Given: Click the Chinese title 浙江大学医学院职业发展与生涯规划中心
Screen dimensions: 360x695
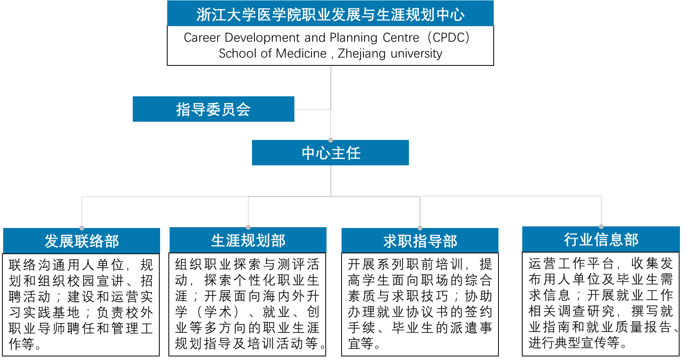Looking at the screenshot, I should click(x=330, y=14).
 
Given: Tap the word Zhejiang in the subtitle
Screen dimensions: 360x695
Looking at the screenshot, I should click(x=361, y=54).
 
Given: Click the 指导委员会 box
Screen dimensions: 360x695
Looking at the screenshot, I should click(x=213, y=109).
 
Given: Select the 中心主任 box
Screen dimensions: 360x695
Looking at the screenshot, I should click(x=330, y=153).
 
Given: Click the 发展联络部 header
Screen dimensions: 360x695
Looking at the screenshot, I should click(x=82, y=241).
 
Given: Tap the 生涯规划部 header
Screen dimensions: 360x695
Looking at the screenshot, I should click(x=248, y=240).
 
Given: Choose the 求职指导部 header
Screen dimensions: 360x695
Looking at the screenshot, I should click(x=420, y=241).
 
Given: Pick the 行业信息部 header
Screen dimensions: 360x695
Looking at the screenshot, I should click(x=601, y=239).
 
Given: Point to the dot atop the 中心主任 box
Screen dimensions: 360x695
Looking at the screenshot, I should click(x=331, y=140).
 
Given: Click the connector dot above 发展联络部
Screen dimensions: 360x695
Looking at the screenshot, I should click(x=82, y=228).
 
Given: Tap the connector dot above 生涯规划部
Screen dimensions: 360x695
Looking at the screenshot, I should click(x=248, y=227).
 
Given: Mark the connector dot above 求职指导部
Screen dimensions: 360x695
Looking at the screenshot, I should click(x=420, y=228).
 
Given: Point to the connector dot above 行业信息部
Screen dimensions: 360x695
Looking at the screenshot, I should click(x=601, y=226).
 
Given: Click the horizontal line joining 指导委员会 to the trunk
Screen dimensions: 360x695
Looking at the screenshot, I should click(x=312, y=109).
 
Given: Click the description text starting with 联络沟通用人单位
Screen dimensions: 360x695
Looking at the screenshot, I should click(x=81, y=304).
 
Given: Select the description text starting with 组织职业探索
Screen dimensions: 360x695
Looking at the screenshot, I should click(x=248, y=304).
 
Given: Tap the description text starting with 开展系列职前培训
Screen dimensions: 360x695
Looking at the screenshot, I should click(x=420, y=304).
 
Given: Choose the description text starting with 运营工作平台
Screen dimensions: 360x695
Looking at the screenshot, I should click(x=601, y=303).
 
